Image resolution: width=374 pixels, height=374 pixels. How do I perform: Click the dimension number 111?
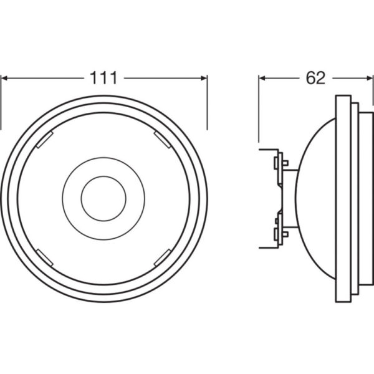coord(104,78)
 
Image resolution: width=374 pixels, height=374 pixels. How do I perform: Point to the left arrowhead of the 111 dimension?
coord(5,79)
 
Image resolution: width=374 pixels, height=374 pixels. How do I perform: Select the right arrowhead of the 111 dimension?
coord(203,79)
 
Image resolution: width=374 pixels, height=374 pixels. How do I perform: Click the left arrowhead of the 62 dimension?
coord(263,79)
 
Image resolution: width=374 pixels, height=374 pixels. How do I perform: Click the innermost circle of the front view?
coord(104,198)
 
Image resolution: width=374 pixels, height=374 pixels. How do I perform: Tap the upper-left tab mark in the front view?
coord(45,140)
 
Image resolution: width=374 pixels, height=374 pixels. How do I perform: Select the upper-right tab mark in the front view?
coord(161,140)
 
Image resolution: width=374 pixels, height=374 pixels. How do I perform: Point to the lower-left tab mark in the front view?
coord(45,256)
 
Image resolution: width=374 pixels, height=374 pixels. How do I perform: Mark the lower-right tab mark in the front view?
coord(161,256)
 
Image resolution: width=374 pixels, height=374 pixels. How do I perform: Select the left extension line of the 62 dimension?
coord(259,112)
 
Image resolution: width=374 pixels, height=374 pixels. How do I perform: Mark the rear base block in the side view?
coord(268,198)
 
